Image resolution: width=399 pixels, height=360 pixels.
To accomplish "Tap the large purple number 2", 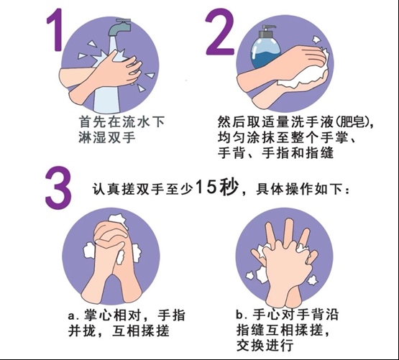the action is (220, 32).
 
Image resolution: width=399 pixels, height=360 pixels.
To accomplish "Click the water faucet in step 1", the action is (119, 27).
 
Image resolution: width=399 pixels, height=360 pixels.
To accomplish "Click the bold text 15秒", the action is (217, 188).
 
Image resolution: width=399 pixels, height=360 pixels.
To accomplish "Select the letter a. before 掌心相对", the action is (74, 316).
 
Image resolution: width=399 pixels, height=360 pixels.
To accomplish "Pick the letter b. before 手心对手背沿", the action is (242, 315).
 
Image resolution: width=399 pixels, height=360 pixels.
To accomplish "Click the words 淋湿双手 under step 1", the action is (107, 138).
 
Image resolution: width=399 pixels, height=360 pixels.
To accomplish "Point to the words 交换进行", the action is (265, 346).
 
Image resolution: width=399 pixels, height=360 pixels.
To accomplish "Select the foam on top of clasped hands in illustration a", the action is (118, 220).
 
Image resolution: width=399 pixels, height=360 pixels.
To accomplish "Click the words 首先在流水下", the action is (121, 122).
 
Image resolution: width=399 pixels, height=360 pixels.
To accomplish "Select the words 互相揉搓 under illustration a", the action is (141, 331).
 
